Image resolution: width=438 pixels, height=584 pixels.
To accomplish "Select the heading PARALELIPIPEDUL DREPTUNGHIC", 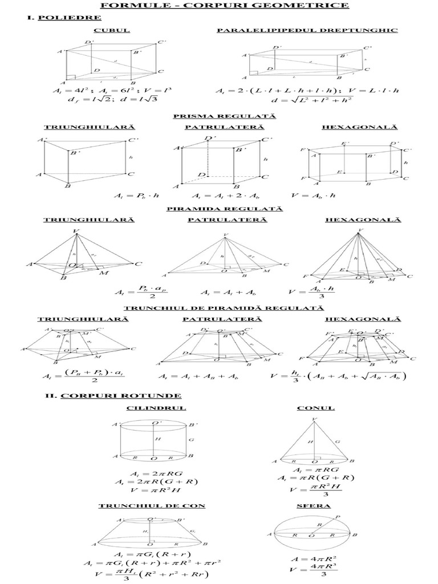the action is [x=307, y=30].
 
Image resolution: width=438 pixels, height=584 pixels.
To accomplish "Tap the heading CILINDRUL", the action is [x=152, y=408].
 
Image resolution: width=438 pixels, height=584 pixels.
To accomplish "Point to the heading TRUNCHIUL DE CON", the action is [x=152, y=506].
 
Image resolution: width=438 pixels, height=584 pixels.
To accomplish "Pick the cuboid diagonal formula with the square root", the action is [x=307, y=100].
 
